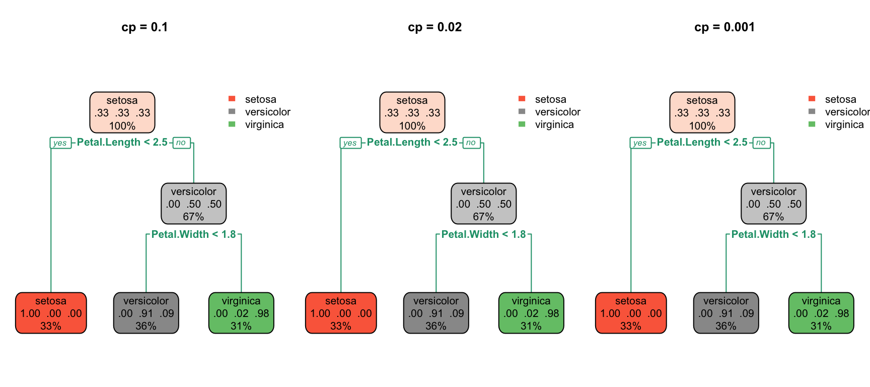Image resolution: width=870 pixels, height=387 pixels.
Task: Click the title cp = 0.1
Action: pyautogui.click(x=144, y=27)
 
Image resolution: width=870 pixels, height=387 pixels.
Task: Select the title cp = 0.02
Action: pyautogui.click(x=434, y=27)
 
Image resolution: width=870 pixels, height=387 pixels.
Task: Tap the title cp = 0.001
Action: pyautogui.click(x=724, y=27)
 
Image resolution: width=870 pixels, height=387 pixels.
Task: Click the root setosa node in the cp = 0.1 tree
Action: pyautogui.click(x=122, y=112)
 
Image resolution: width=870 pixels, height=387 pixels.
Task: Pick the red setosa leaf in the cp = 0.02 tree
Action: pyautogui.click(x=341, y=313)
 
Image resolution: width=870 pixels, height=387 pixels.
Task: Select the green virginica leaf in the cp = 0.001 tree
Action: pyautogui.click(x=821, y=313)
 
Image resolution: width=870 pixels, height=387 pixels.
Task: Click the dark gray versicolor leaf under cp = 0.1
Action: pyautogui.click(x=146, y=313)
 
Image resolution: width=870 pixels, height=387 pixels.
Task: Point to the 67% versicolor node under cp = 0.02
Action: pyautogui.click(x=483, y=204)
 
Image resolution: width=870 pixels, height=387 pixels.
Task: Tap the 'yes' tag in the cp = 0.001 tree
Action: pyautogui.click(x=640, y=143)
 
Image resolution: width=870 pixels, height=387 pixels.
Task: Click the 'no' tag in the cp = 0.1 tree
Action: pyautogui.click(x=181, y=143)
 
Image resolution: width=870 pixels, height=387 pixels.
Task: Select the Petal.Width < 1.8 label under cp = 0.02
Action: pyautogui.click(x=483, y=234)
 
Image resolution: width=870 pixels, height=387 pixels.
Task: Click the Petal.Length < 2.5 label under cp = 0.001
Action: pyautogui.click(x=702, y=142)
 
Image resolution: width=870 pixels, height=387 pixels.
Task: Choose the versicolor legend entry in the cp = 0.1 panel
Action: pyautogui.click(x=267, y=112)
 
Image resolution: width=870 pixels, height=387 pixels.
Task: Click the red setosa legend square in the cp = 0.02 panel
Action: pyautogui.click(x=522, y=99)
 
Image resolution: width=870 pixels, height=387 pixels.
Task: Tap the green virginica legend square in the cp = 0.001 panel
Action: pyautogui.click(x=812, y=124)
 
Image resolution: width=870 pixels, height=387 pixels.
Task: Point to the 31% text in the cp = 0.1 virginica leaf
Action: pyautogui.click(x=241, y=326)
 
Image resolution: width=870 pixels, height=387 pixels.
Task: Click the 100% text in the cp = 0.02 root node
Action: pyautogui.click(x=412, y=126)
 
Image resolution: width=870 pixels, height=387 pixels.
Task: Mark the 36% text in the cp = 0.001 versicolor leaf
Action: pyautogui.click(x=726, y=326)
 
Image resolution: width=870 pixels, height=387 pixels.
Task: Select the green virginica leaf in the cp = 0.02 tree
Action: pyautogui.click(x=531, y=313)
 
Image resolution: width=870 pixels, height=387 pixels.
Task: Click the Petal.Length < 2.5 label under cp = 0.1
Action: pyautogui.click(x=122, y=142)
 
